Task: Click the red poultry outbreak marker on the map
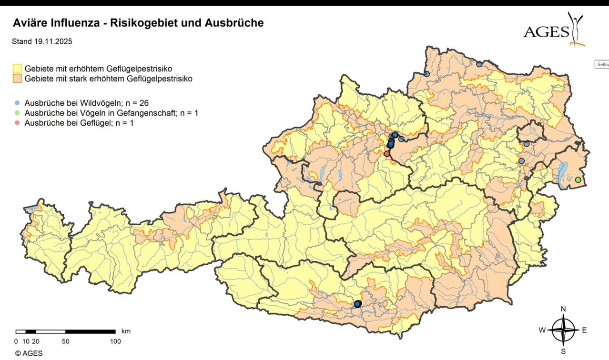[x=387, y=153]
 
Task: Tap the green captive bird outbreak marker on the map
[x=578, y=180]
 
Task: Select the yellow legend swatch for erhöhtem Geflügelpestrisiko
[x=17, y=69]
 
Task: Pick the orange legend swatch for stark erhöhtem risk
[x=17, y=79]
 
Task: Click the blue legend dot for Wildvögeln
[x=18, y=103]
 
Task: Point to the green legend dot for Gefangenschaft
[x=18, y=113]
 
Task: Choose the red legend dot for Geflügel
[x=18, y=123]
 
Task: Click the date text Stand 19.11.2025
[x=42, y=42]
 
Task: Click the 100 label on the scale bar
[x=115, y=341]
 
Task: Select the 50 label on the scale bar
[x=66, y=341]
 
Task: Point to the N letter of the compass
[x=563, y=309]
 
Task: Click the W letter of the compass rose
[x=542, y=330]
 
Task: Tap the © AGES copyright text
[x=29, y=353]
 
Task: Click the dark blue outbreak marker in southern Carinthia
[x=357, y=304]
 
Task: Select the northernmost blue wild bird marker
[x=479, y=64]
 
